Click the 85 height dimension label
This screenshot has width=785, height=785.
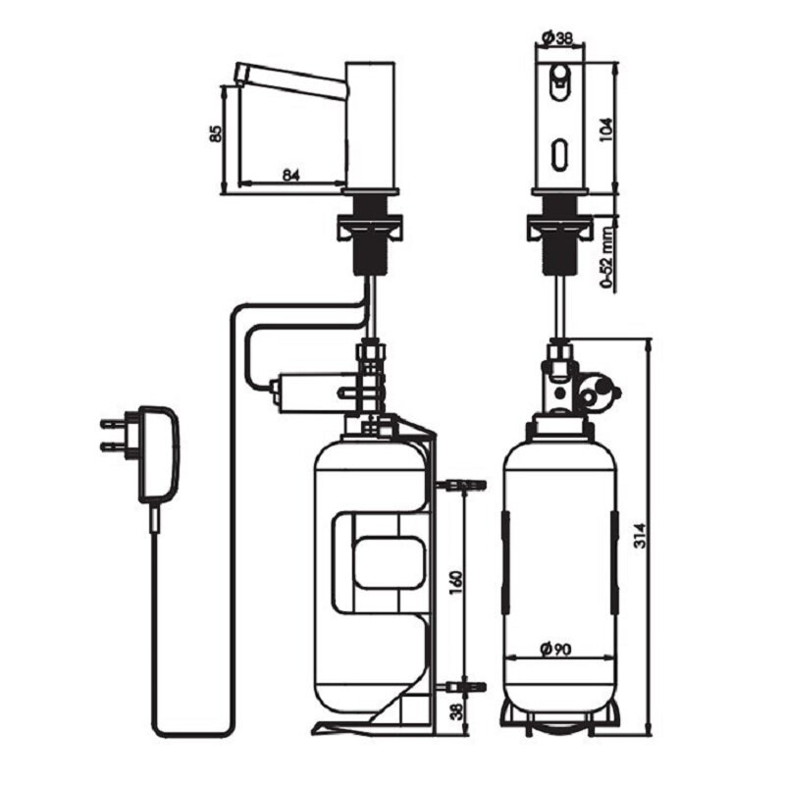215,133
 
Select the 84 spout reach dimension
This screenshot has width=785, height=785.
290,175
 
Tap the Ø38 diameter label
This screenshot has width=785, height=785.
557,38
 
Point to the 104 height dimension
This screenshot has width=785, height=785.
605,130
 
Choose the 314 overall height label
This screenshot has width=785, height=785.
641,535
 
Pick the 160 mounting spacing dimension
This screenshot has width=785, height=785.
456,583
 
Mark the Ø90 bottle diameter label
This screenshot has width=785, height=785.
555,650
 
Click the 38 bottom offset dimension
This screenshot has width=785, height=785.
457,709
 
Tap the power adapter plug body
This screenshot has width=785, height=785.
157,452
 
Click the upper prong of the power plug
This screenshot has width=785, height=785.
115,423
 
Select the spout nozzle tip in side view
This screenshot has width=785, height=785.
240,74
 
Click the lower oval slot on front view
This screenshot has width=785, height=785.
558,154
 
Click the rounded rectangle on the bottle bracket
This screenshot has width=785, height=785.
389,561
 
